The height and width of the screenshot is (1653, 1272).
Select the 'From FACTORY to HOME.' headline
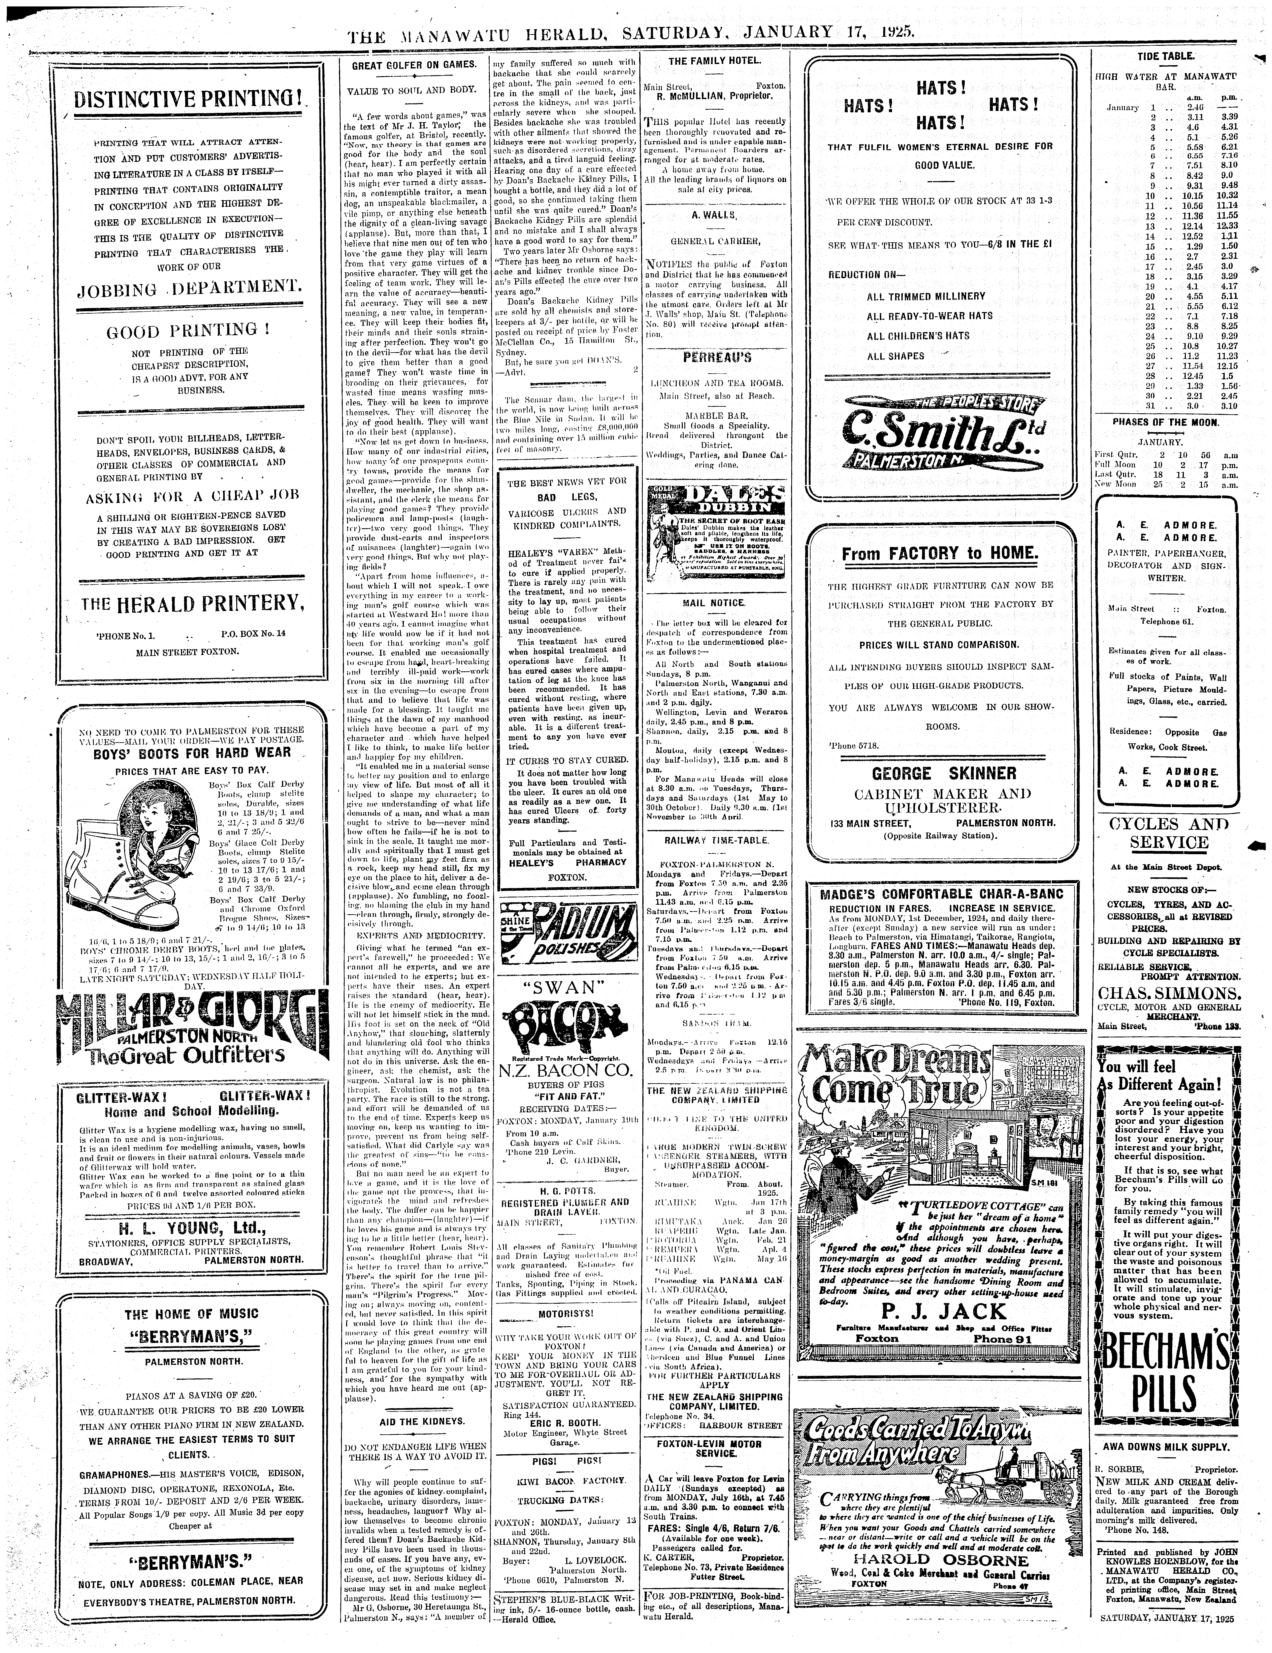click(941, 553)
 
